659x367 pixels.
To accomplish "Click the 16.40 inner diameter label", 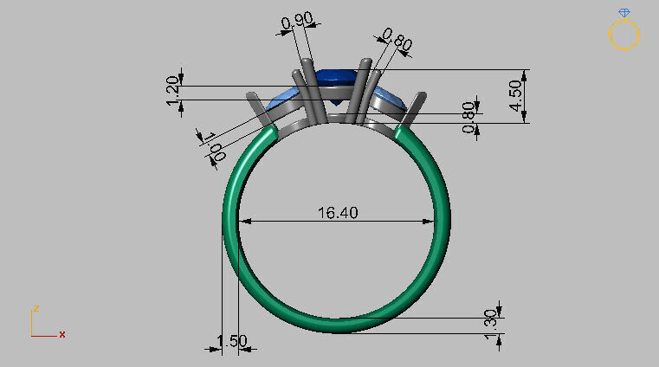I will (336, 212).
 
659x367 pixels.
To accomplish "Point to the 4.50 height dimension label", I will (516, 95).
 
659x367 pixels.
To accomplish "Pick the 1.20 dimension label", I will (172, 93).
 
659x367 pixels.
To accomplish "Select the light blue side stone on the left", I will (284, 101).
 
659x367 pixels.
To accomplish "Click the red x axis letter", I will (62, 333).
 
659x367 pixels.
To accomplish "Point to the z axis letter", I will (36, 308).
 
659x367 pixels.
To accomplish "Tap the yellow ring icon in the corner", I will (624, 35).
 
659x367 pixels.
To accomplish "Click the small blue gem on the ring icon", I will (624, 12).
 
